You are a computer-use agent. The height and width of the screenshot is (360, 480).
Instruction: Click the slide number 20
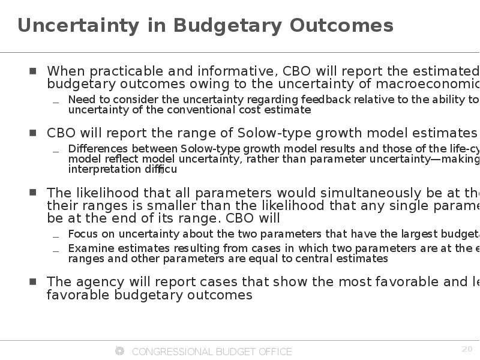(467, 349)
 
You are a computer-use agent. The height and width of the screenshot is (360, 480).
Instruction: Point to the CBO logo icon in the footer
(119, 351)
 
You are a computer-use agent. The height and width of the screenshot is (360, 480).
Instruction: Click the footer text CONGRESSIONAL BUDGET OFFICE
(212, 352)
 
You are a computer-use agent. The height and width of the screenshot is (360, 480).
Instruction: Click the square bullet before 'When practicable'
(33, 71)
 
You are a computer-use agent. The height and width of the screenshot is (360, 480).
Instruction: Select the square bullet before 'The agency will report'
(33, 281)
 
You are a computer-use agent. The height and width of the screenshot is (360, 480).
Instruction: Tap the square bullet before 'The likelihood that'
(33, 193)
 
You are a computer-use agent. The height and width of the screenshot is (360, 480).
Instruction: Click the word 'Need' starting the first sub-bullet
(80, 100)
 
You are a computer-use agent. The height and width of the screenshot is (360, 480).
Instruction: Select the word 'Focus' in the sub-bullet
(82, 234)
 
